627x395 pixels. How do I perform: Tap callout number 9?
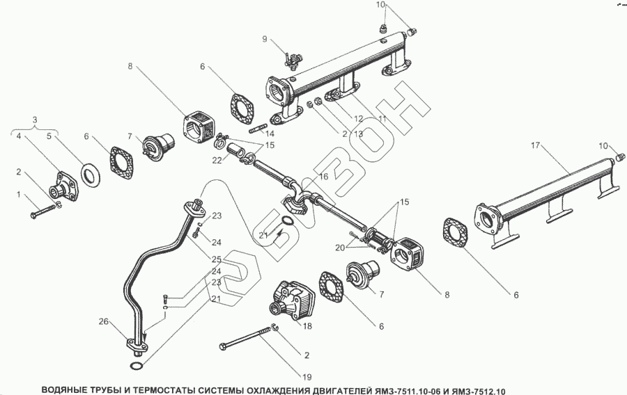pos(265,39)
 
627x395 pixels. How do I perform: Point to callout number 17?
pos(535,145)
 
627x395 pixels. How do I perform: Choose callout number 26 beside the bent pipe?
pos(104,321)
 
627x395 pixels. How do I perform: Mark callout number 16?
pos(323,177)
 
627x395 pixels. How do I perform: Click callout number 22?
pos(217,161)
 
